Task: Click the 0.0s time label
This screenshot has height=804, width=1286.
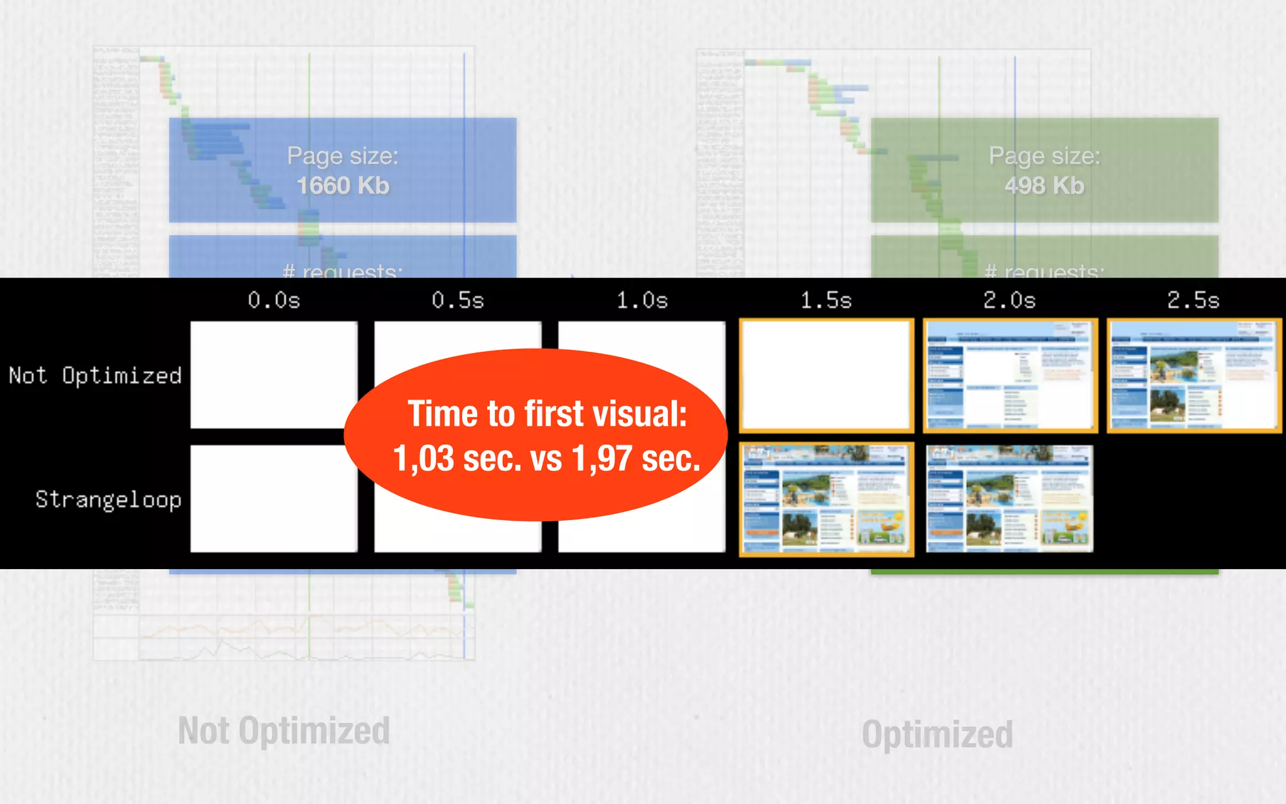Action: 274,300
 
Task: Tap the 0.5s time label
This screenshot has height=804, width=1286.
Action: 458,300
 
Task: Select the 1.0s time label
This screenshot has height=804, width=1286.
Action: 642,300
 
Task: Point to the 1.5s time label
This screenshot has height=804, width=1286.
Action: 826,300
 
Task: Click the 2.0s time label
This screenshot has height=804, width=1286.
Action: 1009,300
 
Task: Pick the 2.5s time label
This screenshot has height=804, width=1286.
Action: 1193,300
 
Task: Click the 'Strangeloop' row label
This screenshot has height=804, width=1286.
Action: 108,499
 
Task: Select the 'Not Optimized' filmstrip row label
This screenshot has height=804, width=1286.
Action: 95,376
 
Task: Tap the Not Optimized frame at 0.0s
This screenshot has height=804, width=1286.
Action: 274,375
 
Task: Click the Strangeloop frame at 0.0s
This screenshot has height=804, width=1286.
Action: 274,499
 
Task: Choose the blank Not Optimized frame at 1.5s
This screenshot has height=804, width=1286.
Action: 826,375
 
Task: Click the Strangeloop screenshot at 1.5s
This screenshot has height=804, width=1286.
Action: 826,499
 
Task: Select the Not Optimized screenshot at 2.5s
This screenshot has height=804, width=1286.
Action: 1194,375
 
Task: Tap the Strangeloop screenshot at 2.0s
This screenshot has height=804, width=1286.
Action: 1010,499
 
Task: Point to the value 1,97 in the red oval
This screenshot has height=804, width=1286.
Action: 602,458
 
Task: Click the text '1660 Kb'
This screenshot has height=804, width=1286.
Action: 343,185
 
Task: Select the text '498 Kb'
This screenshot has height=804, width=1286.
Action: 1044,185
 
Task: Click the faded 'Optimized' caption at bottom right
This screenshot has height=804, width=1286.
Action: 937,734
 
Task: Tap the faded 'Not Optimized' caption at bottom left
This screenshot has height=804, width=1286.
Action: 284,731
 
